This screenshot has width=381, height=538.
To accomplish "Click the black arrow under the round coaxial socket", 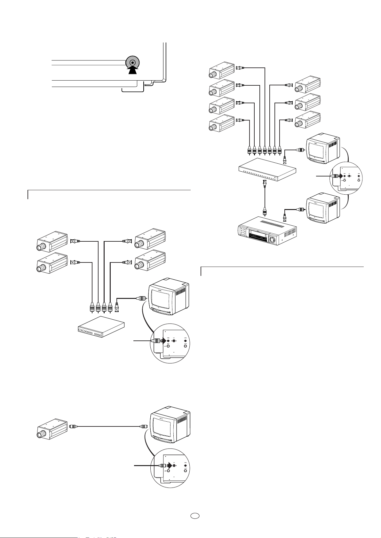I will [132, 70].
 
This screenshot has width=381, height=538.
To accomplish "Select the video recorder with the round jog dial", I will [267, 231].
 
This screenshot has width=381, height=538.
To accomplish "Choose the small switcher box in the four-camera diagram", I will [101, 327].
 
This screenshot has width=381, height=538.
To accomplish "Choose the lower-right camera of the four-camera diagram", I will [150, 262].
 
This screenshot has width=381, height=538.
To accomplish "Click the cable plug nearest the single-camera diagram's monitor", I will [143, 426].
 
